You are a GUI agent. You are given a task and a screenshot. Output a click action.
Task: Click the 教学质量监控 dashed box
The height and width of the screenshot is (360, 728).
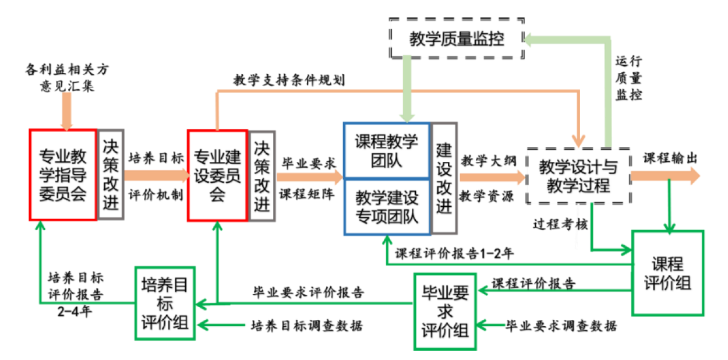456,40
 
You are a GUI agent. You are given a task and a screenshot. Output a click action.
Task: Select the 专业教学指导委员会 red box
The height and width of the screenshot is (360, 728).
63,175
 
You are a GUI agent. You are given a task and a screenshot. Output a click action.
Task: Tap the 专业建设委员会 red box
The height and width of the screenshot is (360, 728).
217,175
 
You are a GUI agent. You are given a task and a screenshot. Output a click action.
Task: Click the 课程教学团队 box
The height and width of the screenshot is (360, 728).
387,150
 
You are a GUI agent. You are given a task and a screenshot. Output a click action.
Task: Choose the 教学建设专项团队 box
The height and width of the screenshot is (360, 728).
387,206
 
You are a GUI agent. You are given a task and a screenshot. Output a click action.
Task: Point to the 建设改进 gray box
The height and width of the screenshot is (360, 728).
444,178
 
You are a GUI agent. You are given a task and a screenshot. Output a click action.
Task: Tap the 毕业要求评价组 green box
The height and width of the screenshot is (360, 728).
445,311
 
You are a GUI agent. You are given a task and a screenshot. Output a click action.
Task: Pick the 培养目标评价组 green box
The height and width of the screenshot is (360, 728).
165,303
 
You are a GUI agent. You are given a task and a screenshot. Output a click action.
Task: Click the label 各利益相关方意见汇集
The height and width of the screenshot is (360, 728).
66,78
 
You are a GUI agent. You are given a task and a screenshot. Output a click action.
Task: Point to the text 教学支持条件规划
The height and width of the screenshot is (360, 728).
289,80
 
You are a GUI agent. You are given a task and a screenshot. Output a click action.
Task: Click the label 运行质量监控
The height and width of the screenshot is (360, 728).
628,77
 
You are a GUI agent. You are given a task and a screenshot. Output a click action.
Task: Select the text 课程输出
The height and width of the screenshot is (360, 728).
670,158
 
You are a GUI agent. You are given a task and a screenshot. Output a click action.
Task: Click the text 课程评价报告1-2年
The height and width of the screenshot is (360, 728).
454,253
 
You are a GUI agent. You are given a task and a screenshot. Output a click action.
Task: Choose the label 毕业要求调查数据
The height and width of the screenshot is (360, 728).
561,325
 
